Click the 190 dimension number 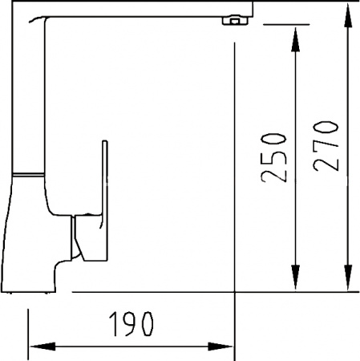(x=131, y=324)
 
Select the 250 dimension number (x=273, y=158)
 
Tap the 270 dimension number (x=326, y=146)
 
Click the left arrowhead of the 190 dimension (x=42, y=347)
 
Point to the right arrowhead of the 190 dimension (x=220, y=347)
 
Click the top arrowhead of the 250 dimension (x=295, y=39)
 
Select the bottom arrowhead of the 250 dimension (x=295, y=278)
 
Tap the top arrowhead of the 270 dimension (x=348, y=15)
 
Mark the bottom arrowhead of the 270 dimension (x=348, y=278)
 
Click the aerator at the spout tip (x=235, y=21)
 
